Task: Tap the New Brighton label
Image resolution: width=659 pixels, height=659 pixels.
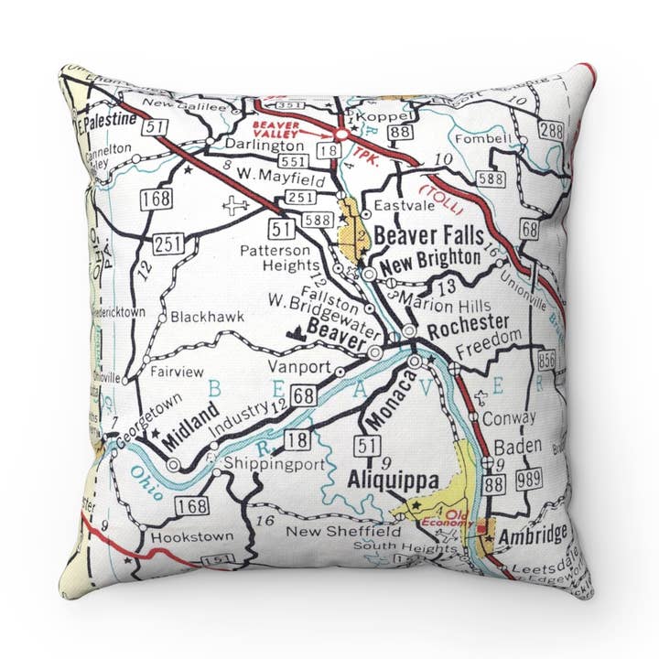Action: [430, 260]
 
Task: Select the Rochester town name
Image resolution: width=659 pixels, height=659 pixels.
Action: [467, 324]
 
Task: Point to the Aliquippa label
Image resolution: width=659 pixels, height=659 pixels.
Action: [394, 481]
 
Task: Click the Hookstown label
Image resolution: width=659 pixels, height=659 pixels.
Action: [191, 536]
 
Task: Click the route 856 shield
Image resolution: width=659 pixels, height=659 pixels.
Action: [548, 359]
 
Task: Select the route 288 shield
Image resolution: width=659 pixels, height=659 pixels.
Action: [550, 131]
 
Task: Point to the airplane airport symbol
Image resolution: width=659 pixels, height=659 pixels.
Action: [237, 205]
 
